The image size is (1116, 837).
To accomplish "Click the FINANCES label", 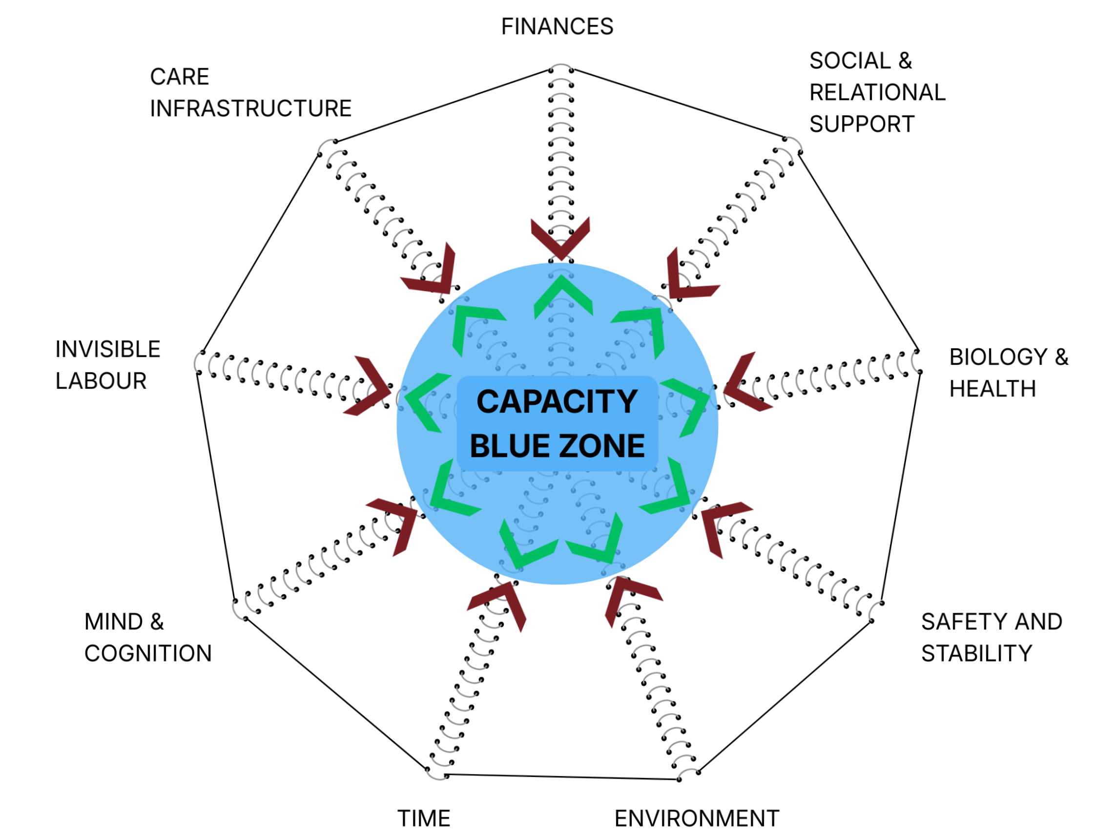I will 557,27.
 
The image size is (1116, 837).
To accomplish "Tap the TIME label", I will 424,818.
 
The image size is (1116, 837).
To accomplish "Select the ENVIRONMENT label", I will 697,818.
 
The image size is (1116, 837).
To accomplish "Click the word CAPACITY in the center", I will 557,401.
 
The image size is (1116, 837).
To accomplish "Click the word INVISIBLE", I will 108,349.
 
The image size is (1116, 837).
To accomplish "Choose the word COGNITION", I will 148,653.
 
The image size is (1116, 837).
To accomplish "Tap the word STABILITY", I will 977,653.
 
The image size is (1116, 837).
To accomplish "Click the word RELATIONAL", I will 877,93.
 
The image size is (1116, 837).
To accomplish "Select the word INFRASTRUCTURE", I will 251,108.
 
